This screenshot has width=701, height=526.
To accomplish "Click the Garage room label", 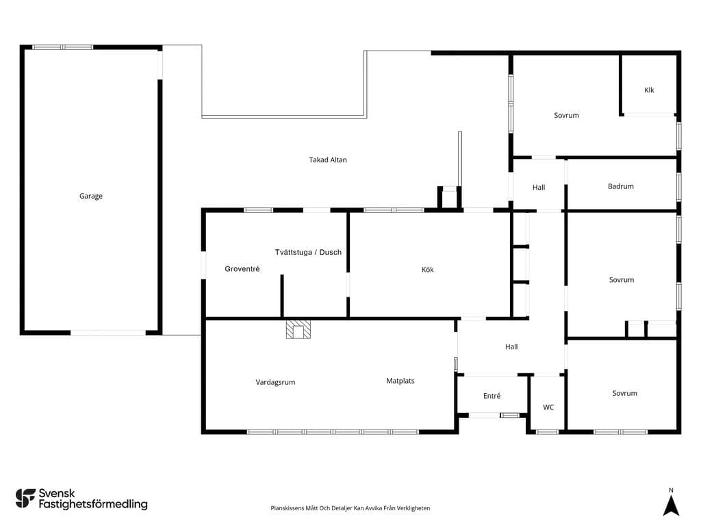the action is [x=91, y=196].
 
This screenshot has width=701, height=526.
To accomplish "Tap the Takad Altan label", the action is [x=328, y=160].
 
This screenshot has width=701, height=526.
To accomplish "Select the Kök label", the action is [x=427, y=269].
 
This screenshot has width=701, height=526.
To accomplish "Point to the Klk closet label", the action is [x=649, y=90].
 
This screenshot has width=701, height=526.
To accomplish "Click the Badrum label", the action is [x=620, y=186].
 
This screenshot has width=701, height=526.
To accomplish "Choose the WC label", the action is [x=548, y=407].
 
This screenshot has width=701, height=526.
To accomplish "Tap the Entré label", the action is [x=492, y=396].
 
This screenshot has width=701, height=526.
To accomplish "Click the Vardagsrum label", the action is [x=275, y=382].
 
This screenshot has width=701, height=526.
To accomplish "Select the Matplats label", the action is [x=400, y=381].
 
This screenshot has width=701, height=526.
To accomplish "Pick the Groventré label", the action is [x=242, y=268].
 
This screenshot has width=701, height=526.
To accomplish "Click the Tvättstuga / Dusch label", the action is [x=308, y=252].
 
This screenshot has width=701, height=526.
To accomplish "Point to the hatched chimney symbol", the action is [x=298, y=329].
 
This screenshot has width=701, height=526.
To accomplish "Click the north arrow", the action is [x=671, y=504].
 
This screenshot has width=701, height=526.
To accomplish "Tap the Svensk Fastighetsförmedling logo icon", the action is [x=25, y=499].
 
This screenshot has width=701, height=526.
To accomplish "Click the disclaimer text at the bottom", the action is [x=350, y=508].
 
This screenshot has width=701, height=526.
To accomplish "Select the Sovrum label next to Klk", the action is [x=566, y=115].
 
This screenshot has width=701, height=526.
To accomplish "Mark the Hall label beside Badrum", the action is [x=539, y=188].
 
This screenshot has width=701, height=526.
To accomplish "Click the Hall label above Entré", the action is [x=511, y=347].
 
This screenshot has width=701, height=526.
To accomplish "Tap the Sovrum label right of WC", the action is [x=624, y=393].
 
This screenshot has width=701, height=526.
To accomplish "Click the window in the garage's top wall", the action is [x=62, y=47].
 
